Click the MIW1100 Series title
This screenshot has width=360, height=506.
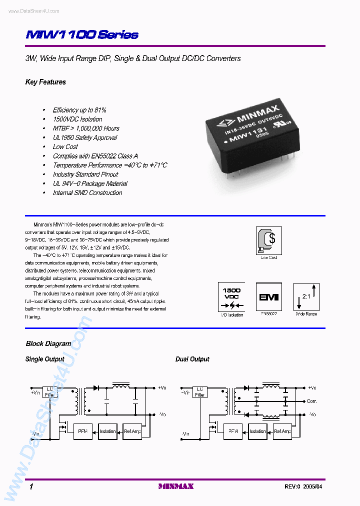(81, 34)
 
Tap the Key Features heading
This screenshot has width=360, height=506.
(45, 82)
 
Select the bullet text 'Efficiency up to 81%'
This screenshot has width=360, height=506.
(79, 110)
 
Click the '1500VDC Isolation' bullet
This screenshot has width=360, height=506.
(77, 119)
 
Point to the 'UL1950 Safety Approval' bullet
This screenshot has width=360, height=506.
(85, 137)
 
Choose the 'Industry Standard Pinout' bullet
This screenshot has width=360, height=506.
(85, 174)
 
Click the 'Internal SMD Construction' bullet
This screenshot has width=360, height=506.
(87, 192)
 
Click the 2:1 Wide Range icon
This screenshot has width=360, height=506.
(306, 297)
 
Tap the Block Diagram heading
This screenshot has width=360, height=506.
(48, 343)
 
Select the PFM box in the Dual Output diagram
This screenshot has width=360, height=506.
(233, 431)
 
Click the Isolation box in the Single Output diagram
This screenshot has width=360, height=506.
(107, 431)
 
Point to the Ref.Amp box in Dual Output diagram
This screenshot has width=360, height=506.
(282, 431)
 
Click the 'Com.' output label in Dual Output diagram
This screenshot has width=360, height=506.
(312, 401)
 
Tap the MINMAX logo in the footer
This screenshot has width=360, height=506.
(175, 486)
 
